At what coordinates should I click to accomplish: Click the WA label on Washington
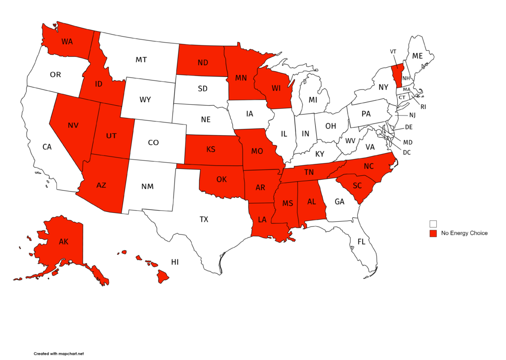point(67,41)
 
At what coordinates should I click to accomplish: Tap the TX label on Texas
point(204,219)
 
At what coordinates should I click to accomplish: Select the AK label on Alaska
point(64,242)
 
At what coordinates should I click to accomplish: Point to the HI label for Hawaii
point(175,262)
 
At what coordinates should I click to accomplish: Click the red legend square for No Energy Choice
point(433,233)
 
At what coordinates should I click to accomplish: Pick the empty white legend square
point(433,224)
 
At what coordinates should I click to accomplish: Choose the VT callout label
point(393,51)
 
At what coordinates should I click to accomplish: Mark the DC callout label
point(407,152)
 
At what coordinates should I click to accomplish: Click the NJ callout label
point(412,115)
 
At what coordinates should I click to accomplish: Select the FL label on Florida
point(361,241)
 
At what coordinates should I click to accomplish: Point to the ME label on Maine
point(418,56)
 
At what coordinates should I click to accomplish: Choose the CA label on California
point(47,147)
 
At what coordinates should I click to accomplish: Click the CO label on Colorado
point(153,142)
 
